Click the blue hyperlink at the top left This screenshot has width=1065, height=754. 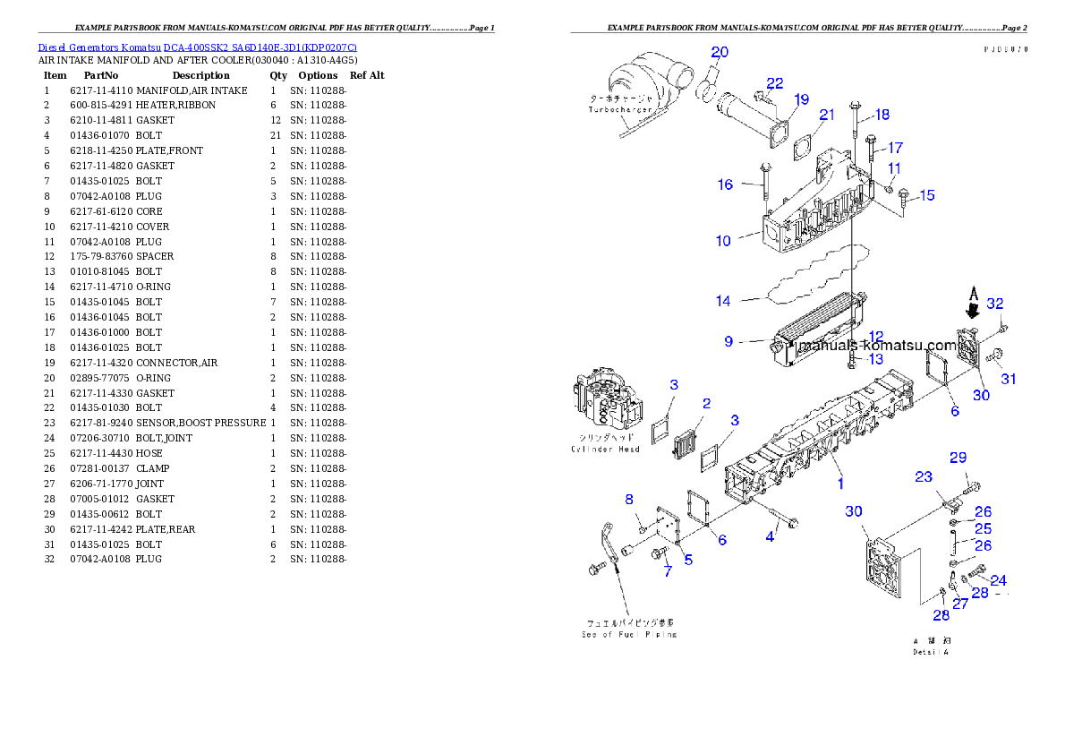click(x=197, y=47)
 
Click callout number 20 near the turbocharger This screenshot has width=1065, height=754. click(x=720, y=51)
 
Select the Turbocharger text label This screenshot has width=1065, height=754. click(x=620, y=109)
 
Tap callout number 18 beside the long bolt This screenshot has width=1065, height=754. click(x=882, y=115)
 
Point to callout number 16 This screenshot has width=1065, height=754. click(x=725, y=184)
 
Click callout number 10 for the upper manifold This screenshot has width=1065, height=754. click(x=723, y=240)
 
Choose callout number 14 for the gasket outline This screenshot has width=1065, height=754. click(x=723, y=301)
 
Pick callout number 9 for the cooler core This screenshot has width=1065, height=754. click(x=728, y=341)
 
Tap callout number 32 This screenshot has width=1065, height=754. click(x=995, y=304)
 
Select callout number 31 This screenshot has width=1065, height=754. click(x=1009, y=379)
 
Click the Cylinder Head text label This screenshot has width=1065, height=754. click(x=606, y=449)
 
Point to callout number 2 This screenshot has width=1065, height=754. click(x=706, y=404)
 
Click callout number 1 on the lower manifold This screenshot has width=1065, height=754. click(x=840, y=484)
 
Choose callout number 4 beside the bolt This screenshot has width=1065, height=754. click(x=770, y=537)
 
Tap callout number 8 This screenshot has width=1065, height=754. click(x=629, y=499)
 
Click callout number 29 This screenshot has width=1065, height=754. click(x=958, y=458)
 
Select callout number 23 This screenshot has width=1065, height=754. click(x=924, y=477)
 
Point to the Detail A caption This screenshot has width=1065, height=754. click(x=931, y=653)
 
